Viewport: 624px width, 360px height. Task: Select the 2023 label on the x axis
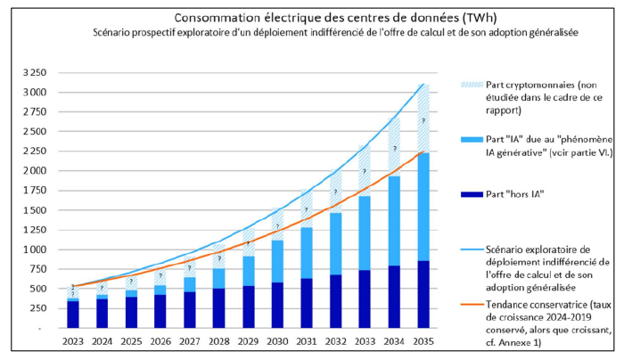click(72, 341)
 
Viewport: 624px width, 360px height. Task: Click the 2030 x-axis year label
click(277, 341)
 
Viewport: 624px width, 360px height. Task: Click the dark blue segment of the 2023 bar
click(72, 315)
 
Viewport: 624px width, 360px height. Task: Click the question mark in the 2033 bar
click(364, 171)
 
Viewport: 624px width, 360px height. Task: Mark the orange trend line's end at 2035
click(423, 152)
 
